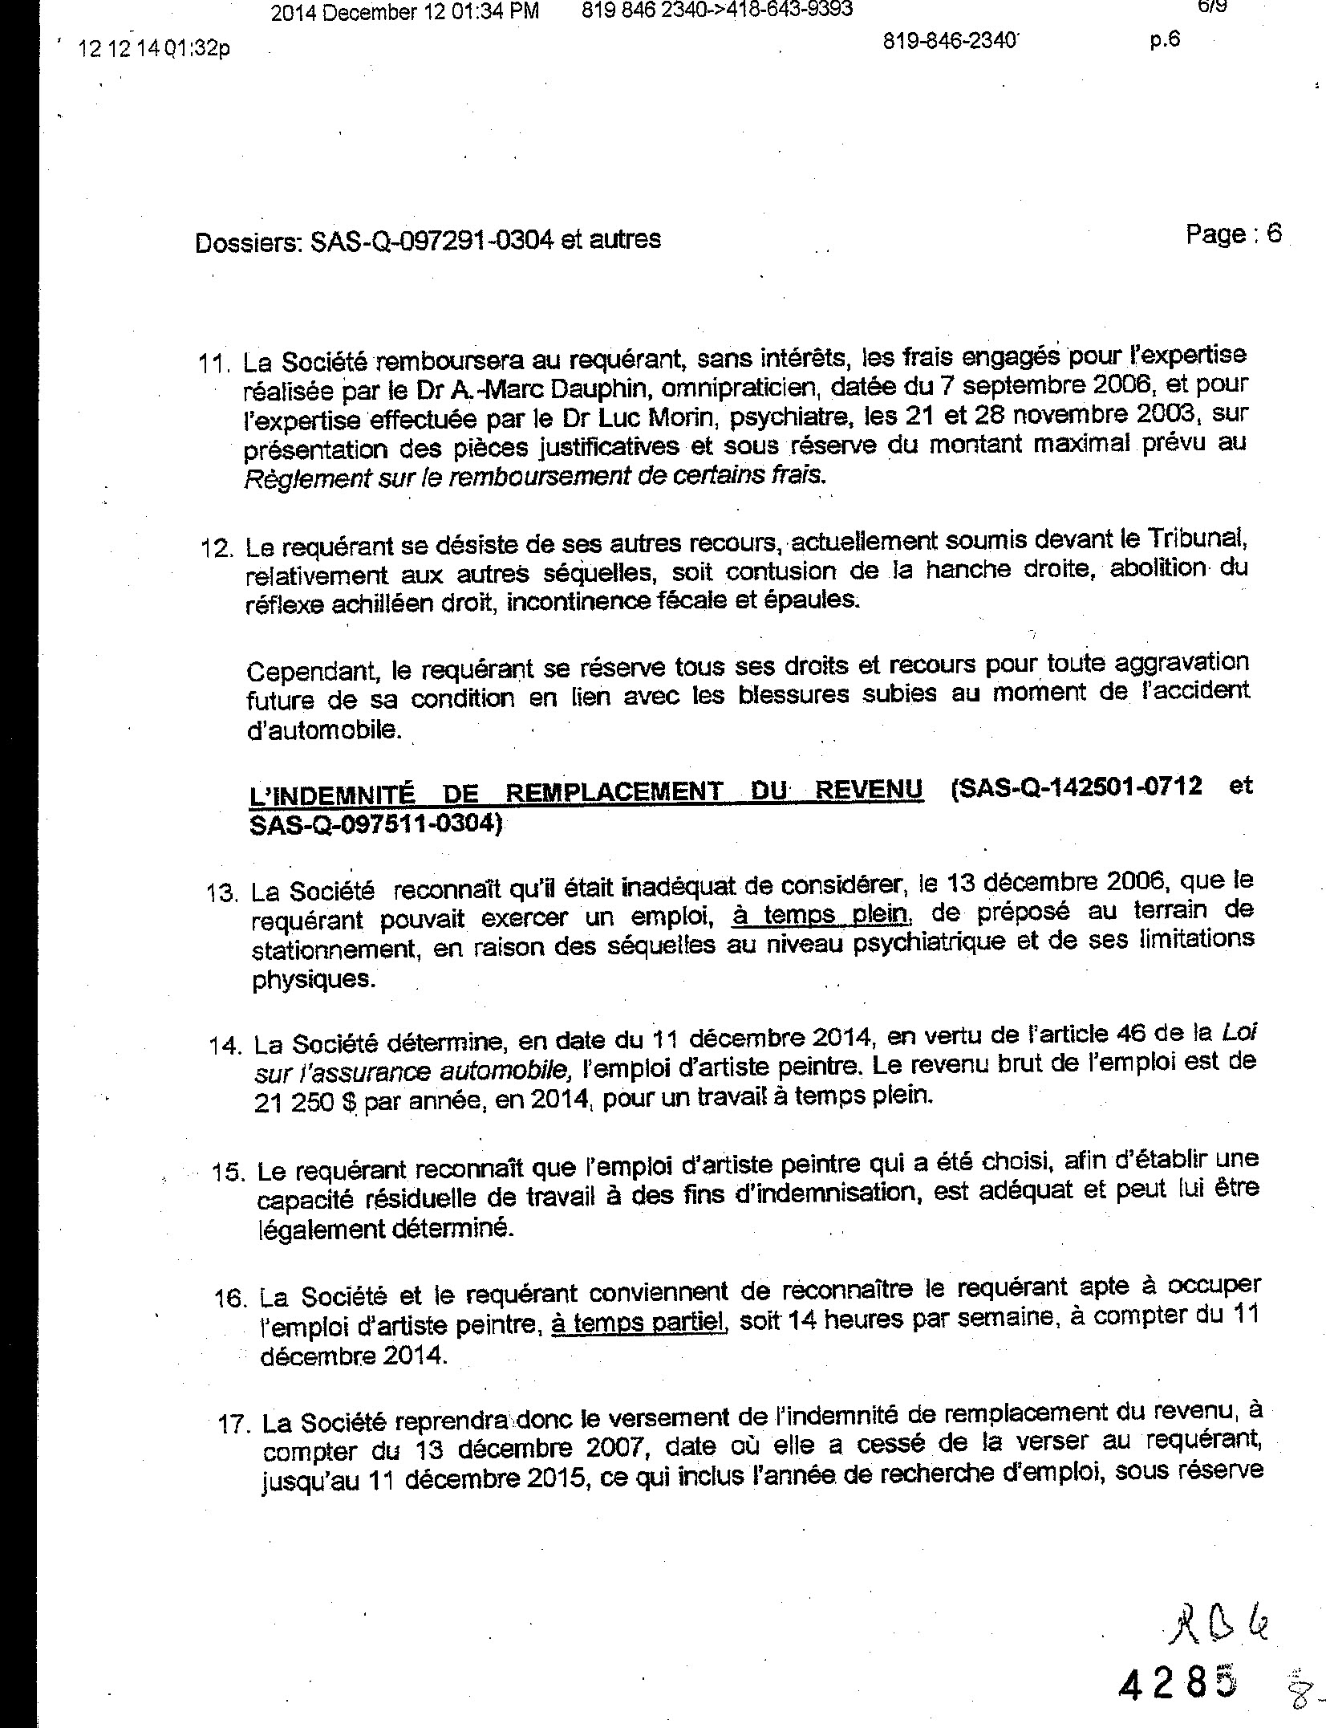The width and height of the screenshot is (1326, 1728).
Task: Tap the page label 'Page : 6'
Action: point(1233,234)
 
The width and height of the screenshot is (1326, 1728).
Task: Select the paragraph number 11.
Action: point(213,363)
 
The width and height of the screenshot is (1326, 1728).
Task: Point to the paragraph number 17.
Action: point(236,1425)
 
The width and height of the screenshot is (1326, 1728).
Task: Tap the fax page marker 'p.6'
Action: point(1164,40)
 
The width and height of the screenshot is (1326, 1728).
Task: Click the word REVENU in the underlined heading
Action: point(868,790)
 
